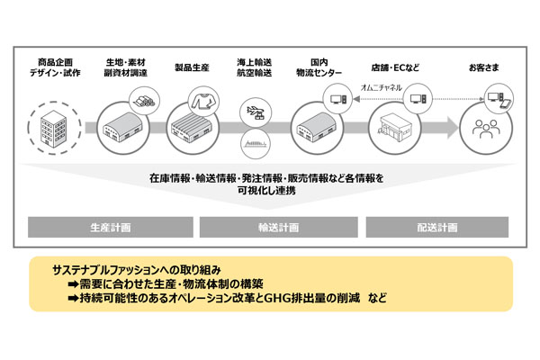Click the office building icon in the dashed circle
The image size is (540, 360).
[53, 129]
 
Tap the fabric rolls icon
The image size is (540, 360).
[144, 102]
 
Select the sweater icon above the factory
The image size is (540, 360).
[204, 101]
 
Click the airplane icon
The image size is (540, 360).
[256, 112]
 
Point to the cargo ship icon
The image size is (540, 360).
[256, 143]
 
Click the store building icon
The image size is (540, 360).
[395, 127]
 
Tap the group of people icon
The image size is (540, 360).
[486, 129]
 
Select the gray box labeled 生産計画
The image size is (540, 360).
[111, 227]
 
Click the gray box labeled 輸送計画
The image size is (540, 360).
[279, 227]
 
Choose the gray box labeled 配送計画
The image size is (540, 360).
[437, 227]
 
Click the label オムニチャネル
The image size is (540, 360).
[382, 87]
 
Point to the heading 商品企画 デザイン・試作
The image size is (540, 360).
[55, 67]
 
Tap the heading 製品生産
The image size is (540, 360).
[192, 67]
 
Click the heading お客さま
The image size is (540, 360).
[484, 67]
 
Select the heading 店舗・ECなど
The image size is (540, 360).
[395, 67]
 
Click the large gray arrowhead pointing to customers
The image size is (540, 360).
[453, 128]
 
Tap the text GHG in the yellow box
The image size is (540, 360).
[277, 298]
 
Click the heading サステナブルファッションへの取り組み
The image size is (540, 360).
[137, 270]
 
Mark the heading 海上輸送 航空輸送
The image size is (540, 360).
[254, 67]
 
